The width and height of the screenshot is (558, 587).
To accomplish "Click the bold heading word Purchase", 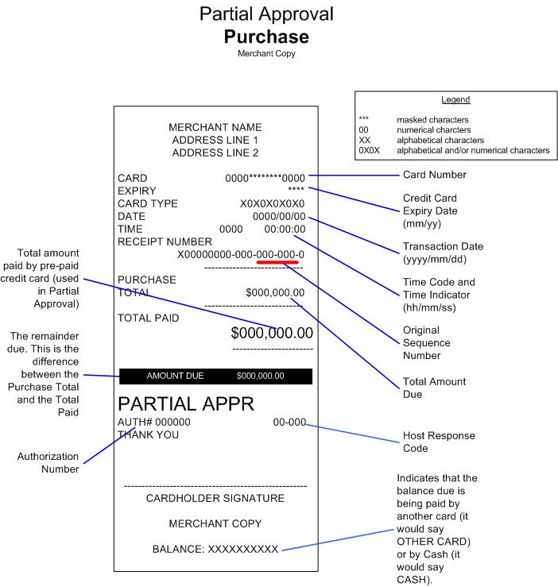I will [x=266, y=37].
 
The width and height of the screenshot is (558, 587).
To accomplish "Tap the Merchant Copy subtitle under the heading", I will [x=266, y=54].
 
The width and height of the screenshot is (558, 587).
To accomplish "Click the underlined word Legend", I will [x=455, y=100].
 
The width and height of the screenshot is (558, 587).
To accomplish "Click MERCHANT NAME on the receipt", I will [x=215, y=127].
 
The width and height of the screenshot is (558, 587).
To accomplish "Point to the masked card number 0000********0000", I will [x=265, y=178].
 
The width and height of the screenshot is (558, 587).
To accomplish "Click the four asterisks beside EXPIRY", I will [x=296, y=191].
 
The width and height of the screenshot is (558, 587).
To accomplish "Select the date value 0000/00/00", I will [x=278, y=216].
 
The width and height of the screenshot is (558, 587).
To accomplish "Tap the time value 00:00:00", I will [x=285, y=229].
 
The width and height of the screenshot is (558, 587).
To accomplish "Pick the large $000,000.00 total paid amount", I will [x=272, y=333].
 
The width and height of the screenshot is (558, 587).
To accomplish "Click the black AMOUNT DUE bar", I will [x=215, y=376].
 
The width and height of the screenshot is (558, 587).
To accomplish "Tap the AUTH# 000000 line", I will [x=154, y=422].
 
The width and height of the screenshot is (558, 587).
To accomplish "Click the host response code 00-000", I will [x=289, y=422].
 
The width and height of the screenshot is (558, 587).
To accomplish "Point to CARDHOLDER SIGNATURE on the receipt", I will [x=215, y=498].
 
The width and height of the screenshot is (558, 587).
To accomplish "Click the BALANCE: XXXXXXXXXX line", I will [x=215, y=549].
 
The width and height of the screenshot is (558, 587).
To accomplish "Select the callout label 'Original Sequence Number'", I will [x=427, y=343].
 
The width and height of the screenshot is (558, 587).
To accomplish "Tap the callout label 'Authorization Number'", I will [x=49, y=462].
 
